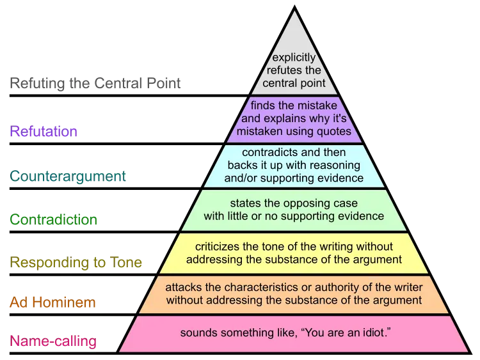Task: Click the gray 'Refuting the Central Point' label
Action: [x=95, y=83]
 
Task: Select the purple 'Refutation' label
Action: [x=44, y=131]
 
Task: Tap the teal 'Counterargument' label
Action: [x=68, y=176]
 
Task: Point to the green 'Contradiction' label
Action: [x=54, y=219]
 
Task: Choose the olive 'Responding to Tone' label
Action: [x=76, y=262]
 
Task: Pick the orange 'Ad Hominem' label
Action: [x=52, y=302]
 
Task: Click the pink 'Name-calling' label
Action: [x=53, y=341]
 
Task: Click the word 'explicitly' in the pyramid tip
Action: [x=294, y=58]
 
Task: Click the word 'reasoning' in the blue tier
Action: [x=335, y=166]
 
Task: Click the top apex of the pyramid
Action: [x=294, y=6]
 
